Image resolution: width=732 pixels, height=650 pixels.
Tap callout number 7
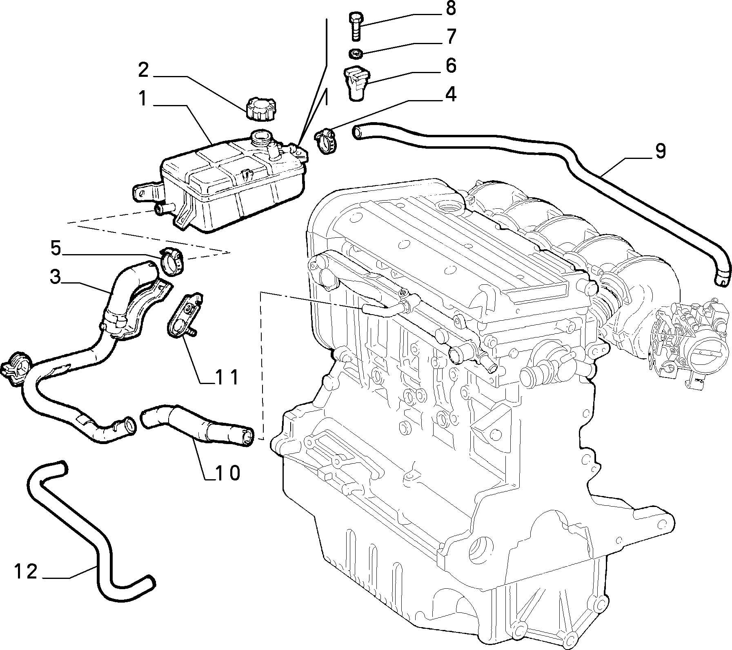(450, 37)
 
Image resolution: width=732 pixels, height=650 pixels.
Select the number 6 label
(450, 66)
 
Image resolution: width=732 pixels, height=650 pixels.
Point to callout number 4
(450, 94)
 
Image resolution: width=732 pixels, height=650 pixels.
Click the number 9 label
(660, 151)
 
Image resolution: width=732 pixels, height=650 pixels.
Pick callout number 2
(143, 70)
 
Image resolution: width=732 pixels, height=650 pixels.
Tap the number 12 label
(26, 571)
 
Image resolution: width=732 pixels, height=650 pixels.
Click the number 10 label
(228, 473)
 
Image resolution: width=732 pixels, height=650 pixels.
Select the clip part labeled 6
(356, 83)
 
